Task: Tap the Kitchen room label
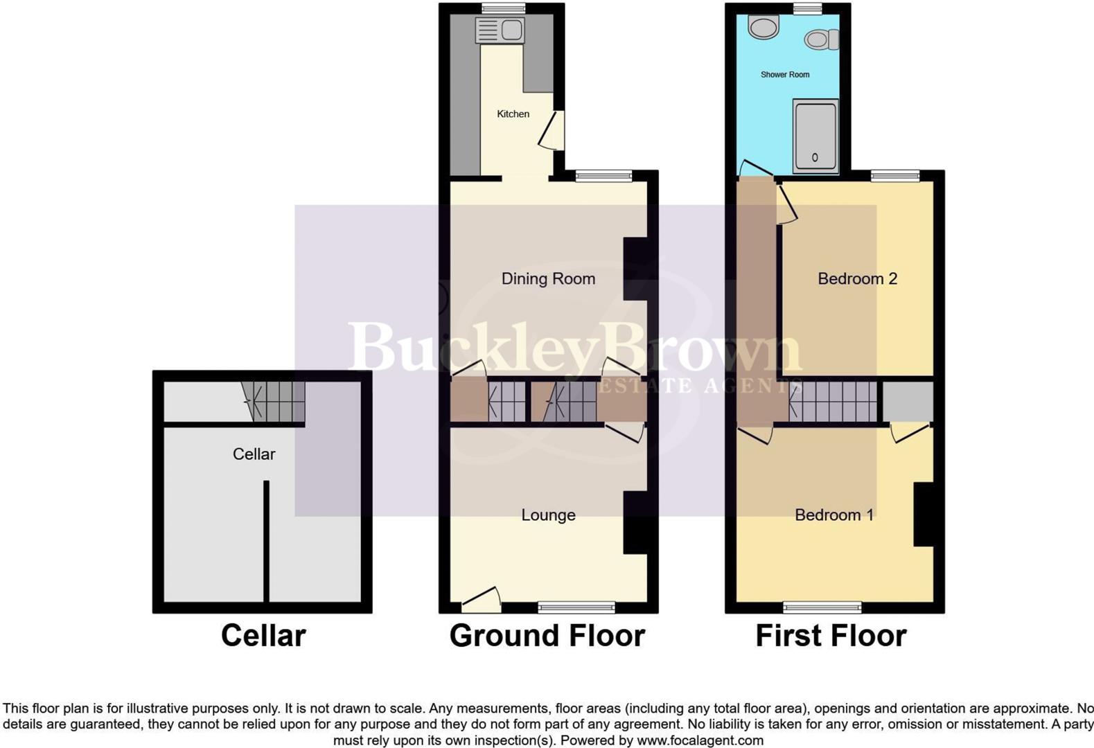513,114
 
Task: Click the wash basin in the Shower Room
764,28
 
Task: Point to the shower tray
815,136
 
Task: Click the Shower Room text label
784,74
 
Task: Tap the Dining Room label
548,278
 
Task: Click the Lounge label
548,515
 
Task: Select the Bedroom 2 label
857,278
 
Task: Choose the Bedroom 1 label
833,515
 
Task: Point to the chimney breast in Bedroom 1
924,514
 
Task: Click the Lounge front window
576,607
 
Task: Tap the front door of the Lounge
481,600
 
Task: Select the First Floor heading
830,635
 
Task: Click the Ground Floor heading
547,635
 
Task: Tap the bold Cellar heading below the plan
263,635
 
